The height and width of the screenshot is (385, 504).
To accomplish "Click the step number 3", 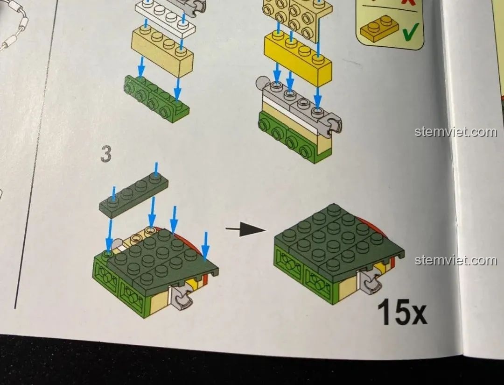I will tap(106, 155).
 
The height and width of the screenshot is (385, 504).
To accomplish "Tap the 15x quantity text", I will tap(402, 313).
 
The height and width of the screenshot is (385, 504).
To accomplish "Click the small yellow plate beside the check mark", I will tap(378, 28).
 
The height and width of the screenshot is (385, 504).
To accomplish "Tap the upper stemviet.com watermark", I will tap(455, 132).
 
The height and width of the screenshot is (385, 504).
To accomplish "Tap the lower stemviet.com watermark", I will tap(455, 260).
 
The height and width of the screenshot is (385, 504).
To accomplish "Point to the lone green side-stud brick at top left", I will tap(156, 99).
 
